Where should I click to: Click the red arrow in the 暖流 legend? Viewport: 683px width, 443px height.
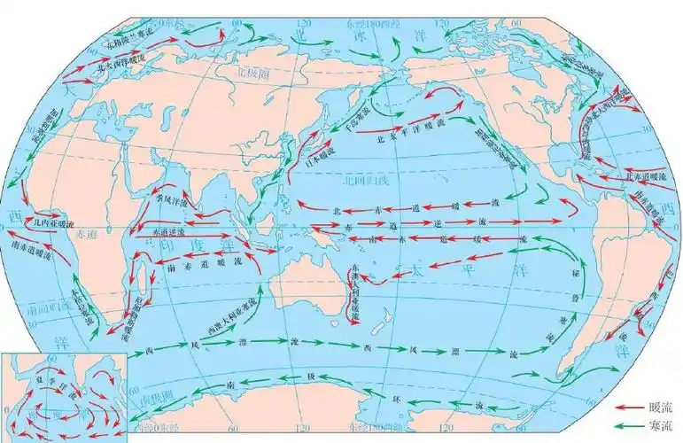(x=632, y=410)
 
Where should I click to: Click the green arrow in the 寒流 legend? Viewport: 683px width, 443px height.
(x=632, y=426)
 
